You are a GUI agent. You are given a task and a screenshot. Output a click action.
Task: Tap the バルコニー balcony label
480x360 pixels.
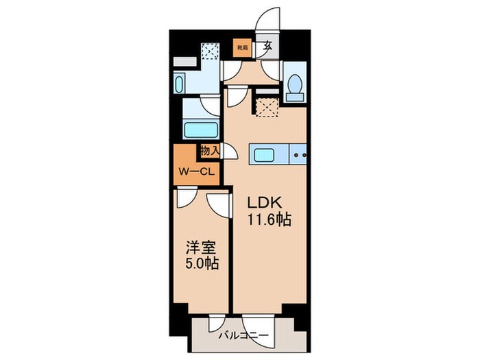(244, 336)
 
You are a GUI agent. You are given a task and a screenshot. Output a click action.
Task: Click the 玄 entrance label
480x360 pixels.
(269, 47)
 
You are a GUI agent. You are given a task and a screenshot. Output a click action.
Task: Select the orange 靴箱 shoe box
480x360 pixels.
(242, 47)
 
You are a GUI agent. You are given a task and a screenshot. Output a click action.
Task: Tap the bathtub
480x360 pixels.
(200, 130)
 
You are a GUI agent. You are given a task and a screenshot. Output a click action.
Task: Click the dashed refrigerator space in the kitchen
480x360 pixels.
(266, 105)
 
